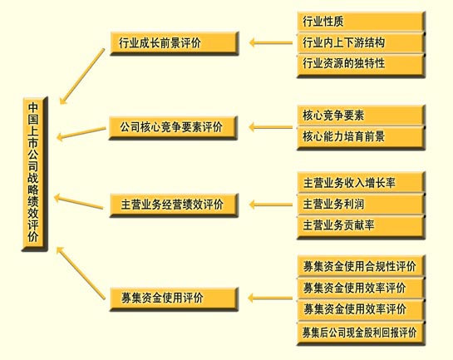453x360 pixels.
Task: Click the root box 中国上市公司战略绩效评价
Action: (x=35, y=174)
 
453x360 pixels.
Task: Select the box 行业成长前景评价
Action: (x=175, y=43)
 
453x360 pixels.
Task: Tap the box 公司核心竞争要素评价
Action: (x=174, y=128)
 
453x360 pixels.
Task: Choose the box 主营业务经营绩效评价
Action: (x=174, y=205)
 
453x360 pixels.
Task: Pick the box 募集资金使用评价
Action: (x=174, y=299)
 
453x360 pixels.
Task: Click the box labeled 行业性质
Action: (x=361, y=22)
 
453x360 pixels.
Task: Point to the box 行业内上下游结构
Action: (x=361, y=43)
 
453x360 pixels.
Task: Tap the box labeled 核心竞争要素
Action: (x=361, y=116)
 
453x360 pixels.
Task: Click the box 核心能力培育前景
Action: (x=361, y=137)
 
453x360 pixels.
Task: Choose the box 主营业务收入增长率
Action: (x=361, y=183)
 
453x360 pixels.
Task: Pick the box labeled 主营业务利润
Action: (x=361, y=205)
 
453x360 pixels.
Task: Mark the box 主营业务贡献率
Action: (x=361, y=226)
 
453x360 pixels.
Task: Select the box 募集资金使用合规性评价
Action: (x=361, y=266)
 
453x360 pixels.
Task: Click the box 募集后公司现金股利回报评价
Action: (x=361, y=333)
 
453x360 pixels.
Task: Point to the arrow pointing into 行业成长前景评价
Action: (x=271, y=42)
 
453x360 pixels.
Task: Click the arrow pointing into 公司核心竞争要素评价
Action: (x=271, y=127)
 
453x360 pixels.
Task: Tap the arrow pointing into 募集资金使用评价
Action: (x=270, y=298)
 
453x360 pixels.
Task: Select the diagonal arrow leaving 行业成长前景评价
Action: (x=82, y=76)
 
